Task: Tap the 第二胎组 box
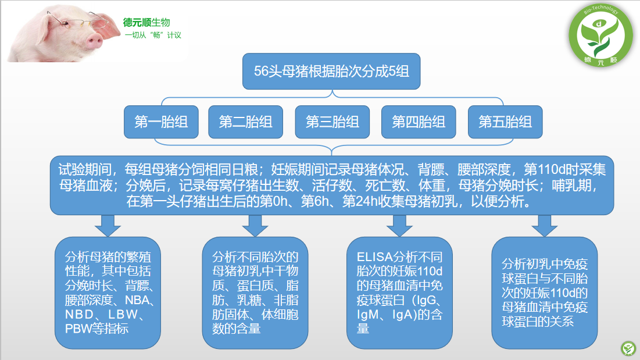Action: click(x=245, y=122)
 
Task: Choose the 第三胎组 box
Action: click(x=332, y=122)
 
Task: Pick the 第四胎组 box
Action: click(x=419, y=122)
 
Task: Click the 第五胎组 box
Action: click(x=505, y=122)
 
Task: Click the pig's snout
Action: click(x=94, y=40)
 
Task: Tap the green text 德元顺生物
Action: click(x=146, y=22)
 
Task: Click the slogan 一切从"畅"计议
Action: click(x=153, y=35)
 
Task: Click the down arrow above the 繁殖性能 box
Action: click(x=108, y=224)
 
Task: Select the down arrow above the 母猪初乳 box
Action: click(x=255, y=224)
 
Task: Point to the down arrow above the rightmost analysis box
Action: click(x=544, y=224)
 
